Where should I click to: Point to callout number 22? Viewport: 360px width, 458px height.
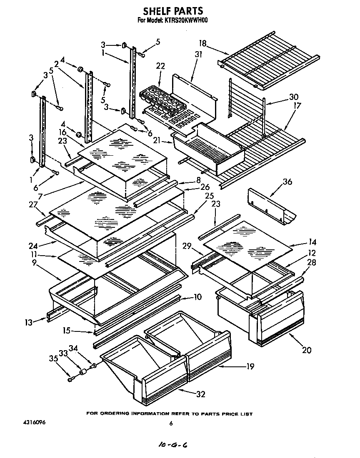pyautogui.click(x=160, y=66)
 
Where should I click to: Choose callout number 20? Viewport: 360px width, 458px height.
pyautogui.click(x=306, y=350)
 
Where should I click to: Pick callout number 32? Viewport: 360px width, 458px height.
pyautogui.click(x=201, y=394)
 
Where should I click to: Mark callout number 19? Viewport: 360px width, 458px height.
pyautogui.click(x=250, y=367)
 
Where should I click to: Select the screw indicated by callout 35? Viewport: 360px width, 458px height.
pyautogui.click(x=71, y=378)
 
